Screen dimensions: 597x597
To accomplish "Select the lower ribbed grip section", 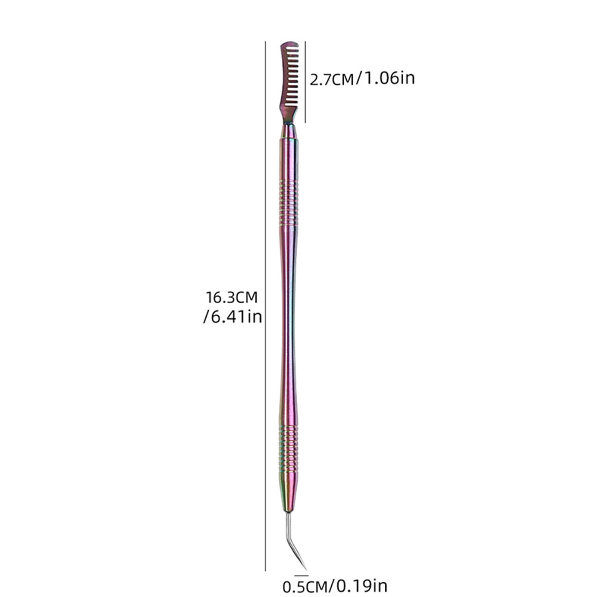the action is (x=288, y=448).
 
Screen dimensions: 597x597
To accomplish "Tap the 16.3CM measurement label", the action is (x=232, y=297).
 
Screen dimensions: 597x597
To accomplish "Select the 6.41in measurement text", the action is (x=233, y=317).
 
